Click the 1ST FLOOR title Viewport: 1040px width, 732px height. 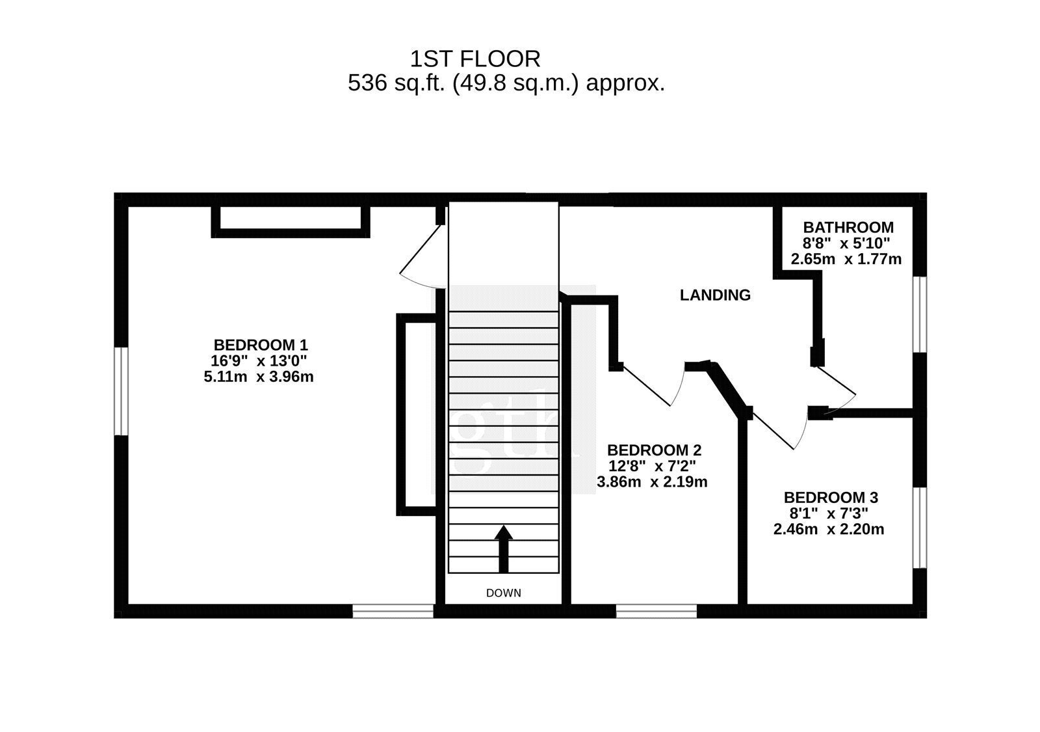tap(475, 59)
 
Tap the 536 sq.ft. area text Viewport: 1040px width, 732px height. tap(506, 83)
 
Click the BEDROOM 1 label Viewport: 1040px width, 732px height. tap(261, 345)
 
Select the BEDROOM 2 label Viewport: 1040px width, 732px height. tap(654, 450)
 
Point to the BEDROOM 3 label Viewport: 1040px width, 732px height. tap(831, 497)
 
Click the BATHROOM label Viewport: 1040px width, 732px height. tap(848, 227)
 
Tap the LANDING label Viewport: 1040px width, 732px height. tap(715, 295)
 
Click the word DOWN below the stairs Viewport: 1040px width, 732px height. tap(503, 593)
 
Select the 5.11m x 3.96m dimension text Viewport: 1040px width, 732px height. tap(259, 377)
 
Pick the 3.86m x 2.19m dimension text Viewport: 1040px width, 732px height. tap(652, 482)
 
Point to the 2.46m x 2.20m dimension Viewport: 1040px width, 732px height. tap(829, 530)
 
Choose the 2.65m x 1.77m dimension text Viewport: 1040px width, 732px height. tap(846, 259)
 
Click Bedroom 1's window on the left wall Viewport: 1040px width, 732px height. tap(121, 391)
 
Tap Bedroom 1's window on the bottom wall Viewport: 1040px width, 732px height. tap(393, 611)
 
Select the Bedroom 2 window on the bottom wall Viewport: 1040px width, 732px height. tap(656, 611)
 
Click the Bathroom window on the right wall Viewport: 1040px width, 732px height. tap(920, 315)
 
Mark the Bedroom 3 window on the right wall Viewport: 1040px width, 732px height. tap(920, 528)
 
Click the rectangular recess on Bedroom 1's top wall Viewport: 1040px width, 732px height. tap(291, 222)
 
